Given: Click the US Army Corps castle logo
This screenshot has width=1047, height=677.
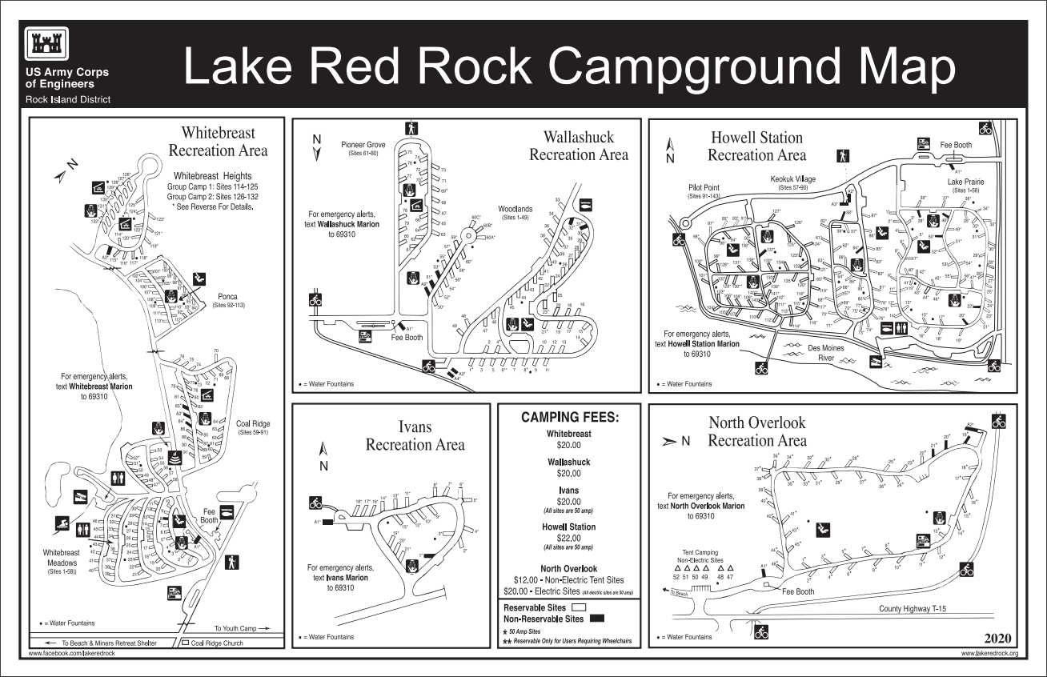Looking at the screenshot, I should [48, 46].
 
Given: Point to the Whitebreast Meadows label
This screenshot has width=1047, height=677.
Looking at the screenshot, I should [61, 558].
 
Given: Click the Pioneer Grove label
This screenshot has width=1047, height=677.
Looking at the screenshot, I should [363, 144].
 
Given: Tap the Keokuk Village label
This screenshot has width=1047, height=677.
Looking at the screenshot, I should [792, 179].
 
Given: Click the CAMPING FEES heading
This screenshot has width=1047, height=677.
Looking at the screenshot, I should [569, 417].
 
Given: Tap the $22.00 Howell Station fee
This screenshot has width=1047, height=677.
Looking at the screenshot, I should [569, 539].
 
